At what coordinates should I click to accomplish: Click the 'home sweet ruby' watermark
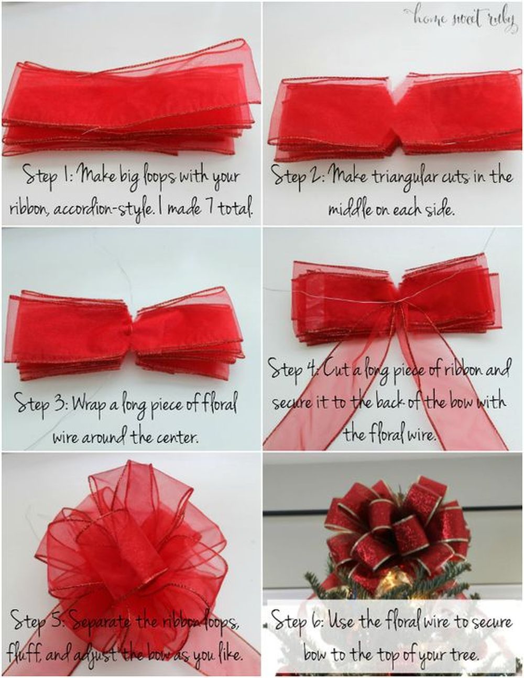[461, 18]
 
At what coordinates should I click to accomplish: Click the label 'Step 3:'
[40, 404]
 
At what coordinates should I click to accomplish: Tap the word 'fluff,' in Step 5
[24, 654]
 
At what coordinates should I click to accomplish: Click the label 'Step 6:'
[298, 622]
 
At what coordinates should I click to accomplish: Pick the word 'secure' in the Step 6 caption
[485, 623]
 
